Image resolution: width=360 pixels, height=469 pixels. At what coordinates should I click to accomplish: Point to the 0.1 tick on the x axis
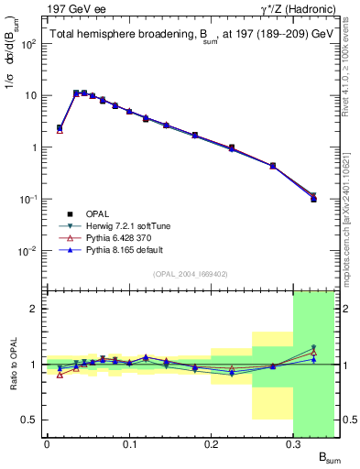tap(129, 444)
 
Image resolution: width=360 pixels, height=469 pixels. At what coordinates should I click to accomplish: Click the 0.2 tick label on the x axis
tap(212, 444)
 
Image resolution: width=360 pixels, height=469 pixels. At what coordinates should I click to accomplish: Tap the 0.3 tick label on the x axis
tap(294, 444)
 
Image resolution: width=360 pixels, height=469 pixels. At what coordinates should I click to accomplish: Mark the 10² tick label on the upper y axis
tap(29, 43)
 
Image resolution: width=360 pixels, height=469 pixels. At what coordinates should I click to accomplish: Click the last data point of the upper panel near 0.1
tap(313, 199)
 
